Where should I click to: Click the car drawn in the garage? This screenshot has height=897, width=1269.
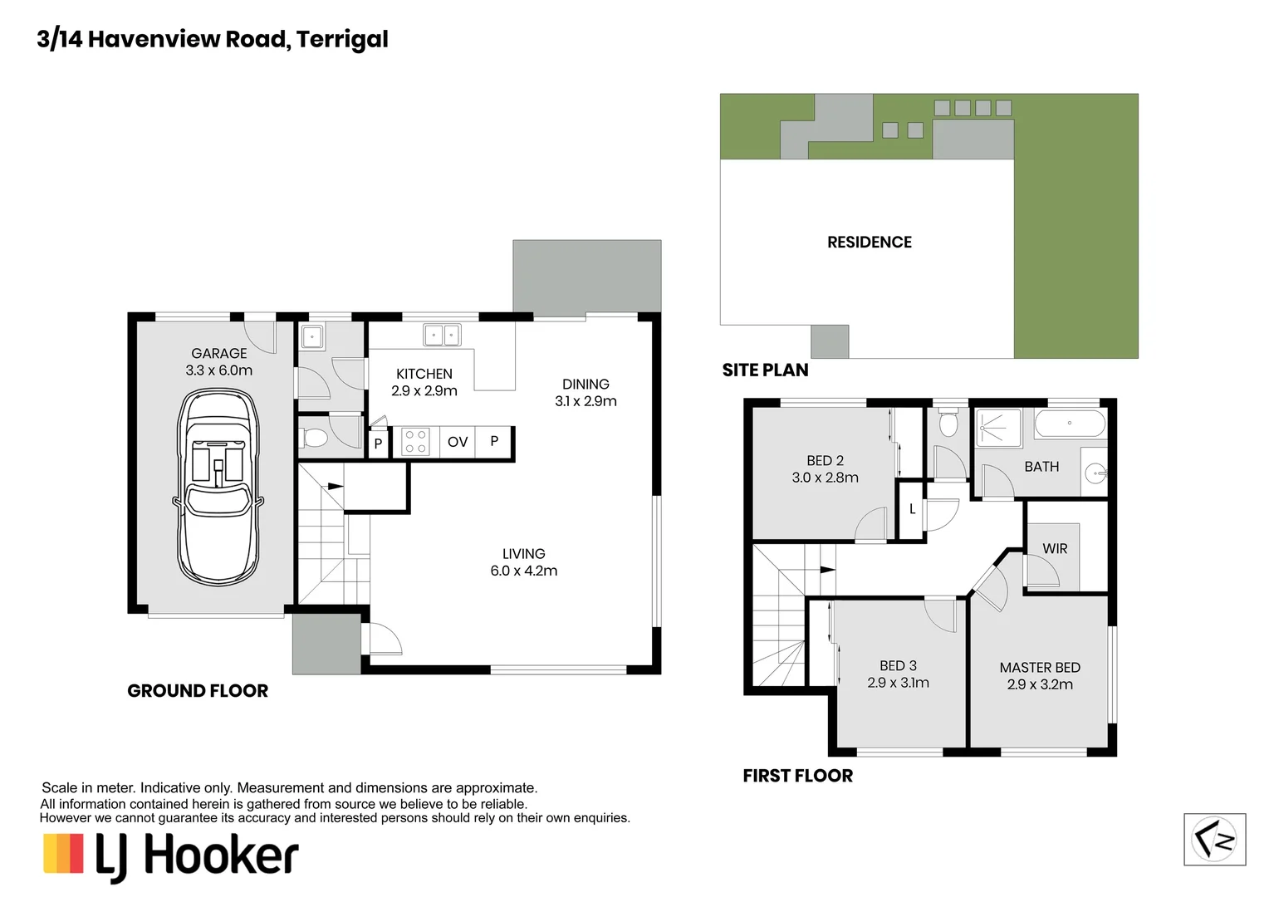click(x=218, y=487)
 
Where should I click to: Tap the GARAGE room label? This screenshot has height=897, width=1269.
click(x=218, y=354)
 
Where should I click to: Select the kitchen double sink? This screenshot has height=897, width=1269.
click(x=442, y=335)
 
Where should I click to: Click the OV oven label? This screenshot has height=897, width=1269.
click(x=458, y=442)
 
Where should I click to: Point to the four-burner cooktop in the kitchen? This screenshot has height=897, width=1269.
click(x=414, y=442)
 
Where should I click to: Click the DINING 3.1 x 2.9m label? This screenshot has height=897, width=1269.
click(x=586, y=393)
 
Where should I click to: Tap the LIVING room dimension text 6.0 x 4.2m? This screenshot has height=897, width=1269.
click(x=524, y=571)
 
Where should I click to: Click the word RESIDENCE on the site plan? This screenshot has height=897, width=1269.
click(x=870, y=243)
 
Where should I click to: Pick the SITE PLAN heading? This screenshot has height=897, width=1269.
click(x=766, y=370)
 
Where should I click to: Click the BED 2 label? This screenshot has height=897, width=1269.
click(x=825, y=461)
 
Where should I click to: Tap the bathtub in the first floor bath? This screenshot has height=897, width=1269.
click(x=1071, y=424)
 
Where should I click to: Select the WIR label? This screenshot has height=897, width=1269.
click(x=1055, y=548)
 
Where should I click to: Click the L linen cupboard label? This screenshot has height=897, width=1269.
click(x=912, y=509)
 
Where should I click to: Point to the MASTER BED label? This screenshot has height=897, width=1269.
click(x=1040, y=668)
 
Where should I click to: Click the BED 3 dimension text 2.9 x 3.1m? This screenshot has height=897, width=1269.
click(x=899, y=683)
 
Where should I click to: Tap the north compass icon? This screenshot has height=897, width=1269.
click(x=1215, y=839)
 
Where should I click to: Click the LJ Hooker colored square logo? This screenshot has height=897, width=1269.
click(x=63, y=853)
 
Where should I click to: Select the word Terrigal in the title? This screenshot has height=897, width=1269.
click(x=342, y=40)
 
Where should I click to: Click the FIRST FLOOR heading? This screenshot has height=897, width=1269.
click(x=797, y=776)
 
